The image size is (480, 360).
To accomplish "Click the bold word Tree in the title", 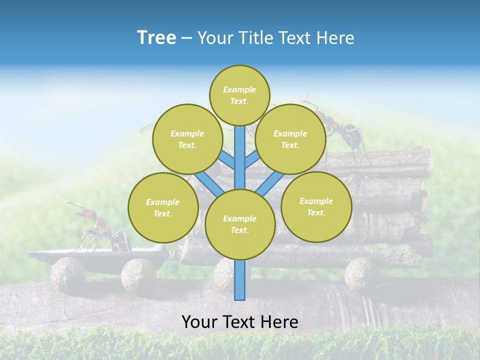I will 156,37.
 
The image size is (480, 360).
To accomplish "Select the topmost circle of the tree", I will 239,95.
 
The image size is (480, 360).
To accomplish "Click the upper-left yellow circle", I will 187,139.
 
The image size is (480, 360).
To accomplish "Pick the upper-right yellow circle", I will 290,139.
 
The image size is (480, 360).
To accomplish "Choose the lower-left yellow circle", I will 163,207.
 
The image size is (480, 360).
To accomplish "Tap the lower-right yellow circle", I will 316,206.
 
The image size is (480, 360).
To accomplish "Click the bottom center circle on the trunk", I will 240,224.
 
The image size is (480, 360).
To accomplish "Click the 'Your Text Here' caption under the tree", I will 239,322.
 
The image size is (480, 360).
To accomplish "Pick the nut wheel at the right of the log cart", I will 361,272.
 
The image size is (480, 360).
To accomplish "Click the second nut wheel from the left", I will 138,273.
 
